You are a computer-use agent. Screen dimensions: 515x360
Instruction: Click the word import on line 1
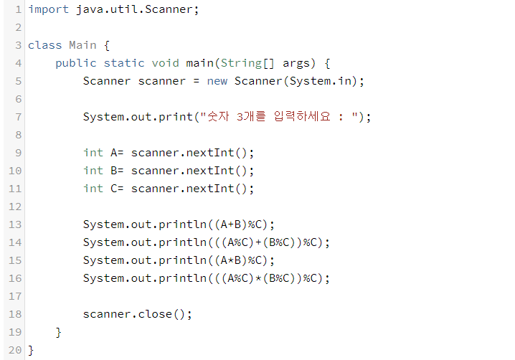pyautogui.click(x=48, y=9)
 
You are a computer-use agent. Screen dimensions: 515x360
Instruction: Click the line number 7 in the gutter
pyautogui.click(x=17, y=117)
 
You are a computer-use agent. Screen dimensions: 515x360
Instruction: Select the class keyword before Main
pyautogui.click(x=44, y=45)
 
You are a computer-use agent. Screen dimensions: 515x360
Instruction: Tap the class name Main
pyautogui.click(x=82, y=45)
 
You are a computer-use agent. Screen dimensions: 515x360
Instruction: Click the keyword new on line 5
pyautogui.click(x=217, y=81)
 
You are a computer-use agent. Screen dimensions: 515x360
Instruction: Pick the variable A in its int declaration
pyautogui.click(x=114, y=153)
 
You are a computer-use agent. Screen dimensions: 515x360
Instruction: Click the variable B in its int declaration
pyautogui.click(x=114, y=171)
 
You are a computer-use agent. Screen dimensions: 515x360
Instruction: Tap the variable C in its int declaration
pyautogui.click(x=114, y=189)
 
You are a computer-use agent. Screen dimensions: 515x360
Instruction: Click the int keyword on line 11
pyautogui.click(x=93, y=189)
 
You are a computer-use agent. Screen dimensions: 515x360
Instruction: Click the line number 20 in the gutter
pyautogui.click(x=14, y=350)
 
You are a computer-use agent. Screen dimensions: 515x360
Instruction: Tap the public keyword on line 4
pyautogui.click(x=75, y=63)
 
